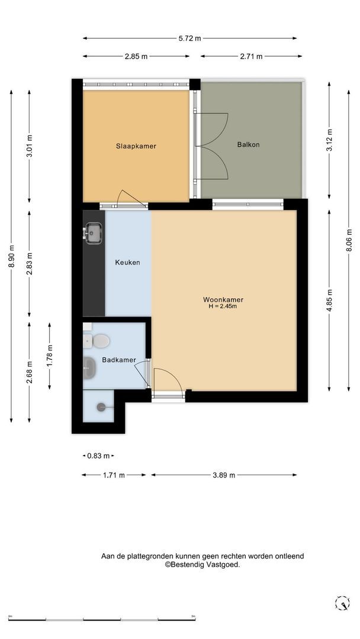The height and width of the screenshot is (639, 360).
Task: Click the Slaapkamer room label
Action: coord(136,146)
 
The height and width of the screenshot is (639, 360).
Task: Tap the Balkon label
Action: coord(248,144)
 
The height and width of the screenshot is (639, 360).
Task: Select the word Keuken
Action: coord(127,263)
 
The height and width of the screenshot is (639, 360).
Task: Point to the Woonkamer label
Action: coord(223,300)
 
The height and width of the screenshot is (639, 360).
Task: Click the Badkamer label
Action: coord(119,360)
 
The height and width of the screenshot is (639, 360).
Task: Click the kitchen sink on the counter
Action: coord(93,233)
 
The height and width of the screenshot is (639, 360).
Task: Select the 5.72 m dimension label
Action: coord(189,38)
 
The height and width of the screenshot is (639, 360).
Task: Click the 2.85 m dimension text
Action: coord(136,56)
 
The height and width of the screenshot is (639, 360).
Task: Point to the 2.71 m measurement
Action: coord(251,56)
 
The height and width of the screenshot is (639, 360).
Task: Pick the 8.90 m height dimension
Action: coord(11,256)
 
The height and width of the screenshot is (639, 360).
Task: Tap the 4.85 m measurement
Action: coord(329,301)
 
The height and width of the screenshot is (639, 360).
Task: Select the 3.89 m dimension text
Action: coord(224,475)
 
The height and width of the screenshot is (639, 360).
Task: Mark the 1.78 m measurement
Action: coord(50,356)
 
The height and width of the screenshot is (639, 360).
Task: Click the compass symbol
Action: coord(342,603)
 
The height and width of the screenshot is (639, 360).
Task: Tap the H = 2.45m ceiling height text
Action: coord(223,306)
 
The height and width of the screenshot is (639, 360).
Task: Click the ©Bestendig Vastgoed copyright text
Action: coord(202,565)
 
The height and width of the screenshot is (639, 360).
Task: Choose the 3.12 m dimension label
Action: coord(329,140)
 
